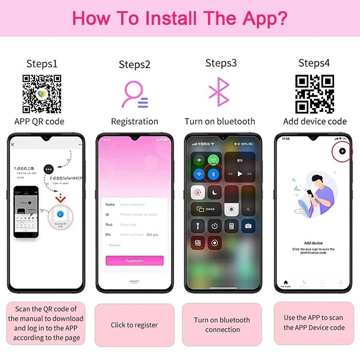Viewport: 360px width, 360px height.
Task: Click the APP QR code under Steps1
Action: pyautogui.click(x=42, y=94)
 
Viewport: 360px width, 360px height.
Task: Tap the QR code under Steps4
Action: pyautogui.click(x=315, y=94)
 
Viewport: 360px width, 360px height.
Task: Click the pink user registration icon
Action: pyautogui.click(x=135, y=94)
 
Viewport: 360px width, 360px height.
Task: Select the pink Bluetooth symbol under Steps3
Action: pyautogui.click(x=219, y=92)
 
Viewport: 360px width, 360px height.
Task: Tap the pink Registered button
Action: pyautogui.click(x=134, y=261)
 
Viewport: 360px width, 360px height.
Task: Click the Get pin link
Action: pyautogui.click(x=152, y=235)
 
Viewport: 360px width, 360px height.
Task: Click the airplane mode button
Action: pyautogui.click(x=198, y=159)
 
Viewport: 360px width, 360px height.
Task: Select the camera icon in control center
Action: pyautogui.click(x=248, y=226)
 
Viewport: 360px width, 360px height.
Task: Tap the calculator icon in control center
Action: pyautogui.click(x=231, y=226)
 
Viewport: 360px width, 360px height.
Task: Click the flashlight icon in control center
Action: pyautogui.click(x=198, y=226)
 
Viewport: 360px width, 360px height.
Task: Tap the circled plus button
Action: pyautogui.click(x=342, y=151)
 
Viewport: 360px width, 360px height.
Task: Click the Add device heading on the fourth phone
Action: pyautogui.click(x=313, y=243)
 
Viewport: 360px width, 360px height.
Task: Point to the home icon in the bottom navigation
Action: pyautogui.click(x=285, y=283)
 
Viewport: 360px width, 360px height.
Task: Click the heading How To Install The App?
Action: pyautogui.click(x=180, y=18)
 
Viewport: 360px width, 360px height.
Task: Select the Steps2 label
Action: pyautogui.click(x=135, y=64)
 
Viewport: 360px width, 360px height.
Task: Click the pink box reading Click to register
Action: pyautogui.click(x=134, y=325)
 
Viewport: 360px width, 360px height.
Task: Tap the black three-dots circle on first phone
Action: pyautogui.click(x=49, y=168)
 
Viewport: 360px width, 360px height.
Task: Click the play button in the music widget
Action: pyautogui.click(x=240, y=174)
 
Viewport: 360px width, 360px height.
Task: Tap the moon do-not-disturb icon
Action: pyautogui.click(x=215, y=192)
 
